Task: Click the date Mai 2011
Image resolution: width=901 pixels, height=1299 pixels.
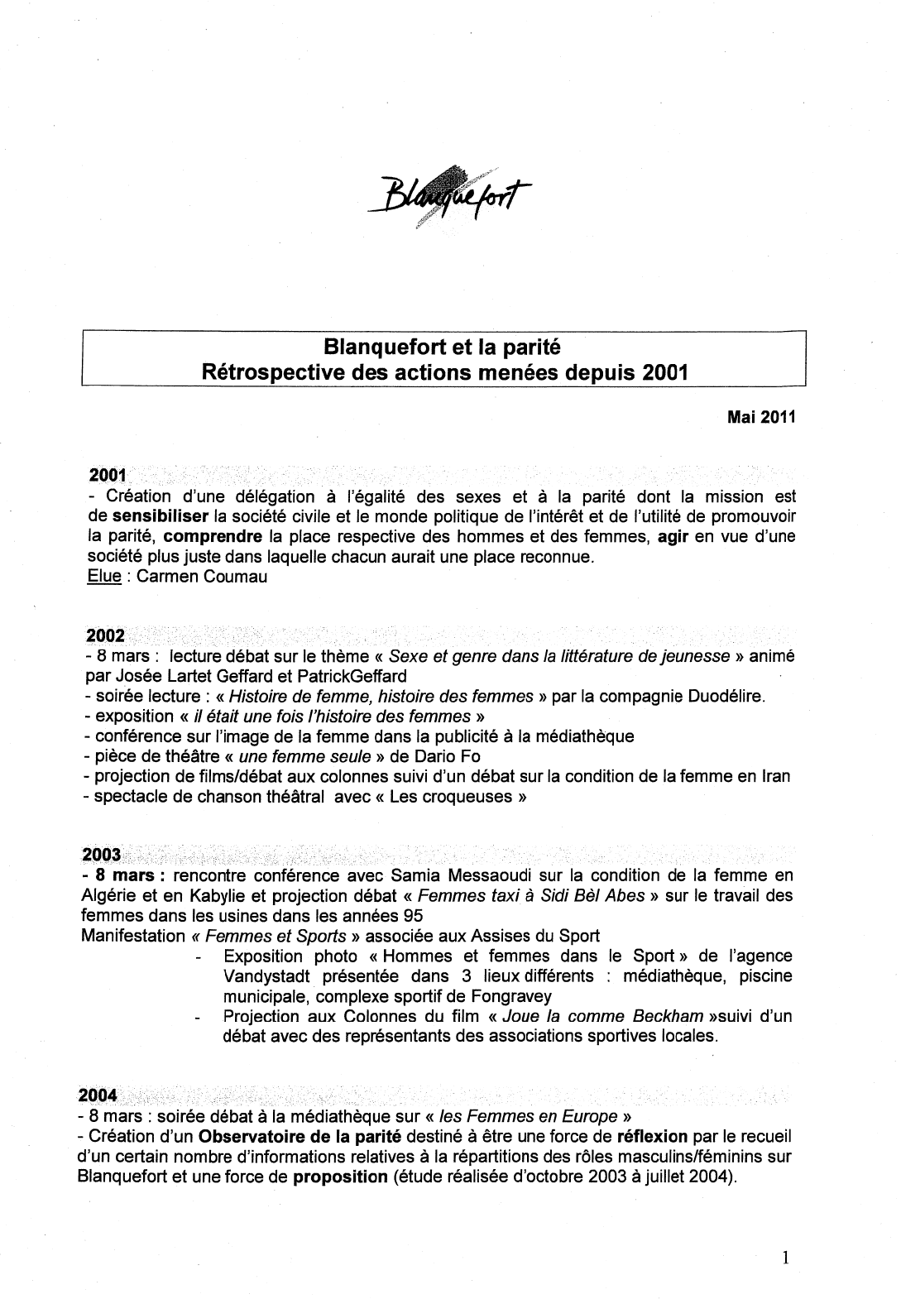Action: click(x=760, y=417)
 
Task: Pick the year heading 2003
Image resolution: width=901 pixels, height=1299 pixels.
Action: click(x=102, y=854)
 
